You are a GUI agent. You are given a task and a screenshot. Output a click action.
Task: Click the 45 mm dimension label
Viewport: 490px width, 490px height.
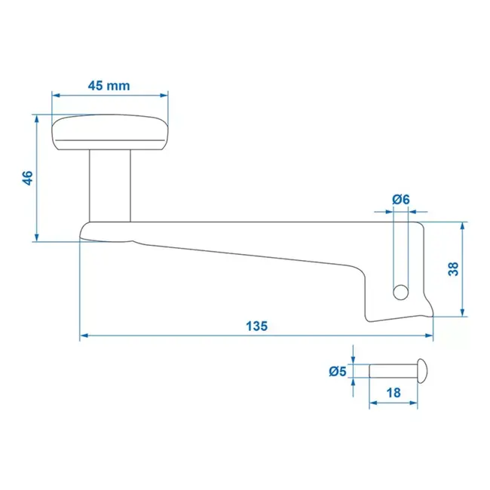[109, 85]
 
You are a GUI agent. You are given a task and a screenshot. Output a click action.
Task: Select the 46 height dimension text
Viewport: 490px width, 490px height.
[27, 178]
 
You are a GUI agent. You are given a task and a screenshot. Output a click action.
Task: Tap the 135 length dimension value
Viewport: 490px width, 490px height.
[256, 326]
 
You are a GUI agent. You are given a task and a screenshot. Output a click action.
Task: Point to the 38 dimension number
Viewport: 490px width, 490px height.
[453, 268]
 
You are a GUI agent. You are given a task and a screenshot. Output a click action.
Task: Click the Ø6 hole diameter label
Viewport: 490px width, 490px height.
[401, 199]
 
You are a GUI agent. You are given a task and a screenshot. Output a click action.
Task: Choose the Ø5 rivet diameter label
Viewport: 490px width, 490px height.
[338, 371]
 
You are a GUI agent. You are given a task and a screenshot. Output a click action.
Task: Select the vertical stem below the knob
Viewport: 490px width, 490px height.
[110, 185]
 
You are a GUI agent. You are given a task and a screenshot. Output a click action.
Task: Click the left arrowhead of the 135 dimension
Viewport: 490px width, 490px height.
[84, 335]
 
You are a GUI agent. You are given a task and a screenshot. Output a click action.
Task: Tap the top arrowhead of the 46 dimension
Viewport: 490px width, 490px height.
[36, 118]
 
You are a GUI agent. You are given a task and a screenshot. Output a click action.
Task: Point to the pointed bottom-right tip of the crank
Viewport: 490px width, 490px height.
[433, 317]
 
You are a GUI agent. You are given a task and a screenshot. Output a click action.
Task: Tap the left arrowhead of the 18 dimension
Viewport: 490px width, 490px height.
[372, 404]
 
